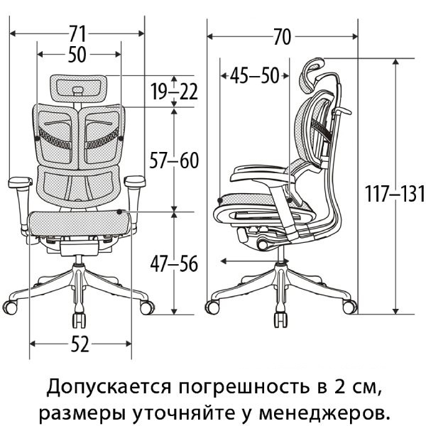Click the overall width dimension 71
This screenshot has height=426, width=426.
click(x=77, y=33)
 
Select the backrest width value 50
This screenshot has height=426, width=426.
click(x=77, y=55)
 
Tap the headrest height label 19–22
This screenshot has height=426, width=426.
click(x=175, y=92)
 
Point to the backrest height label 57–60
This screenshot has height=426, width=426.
click(x=174, y=160)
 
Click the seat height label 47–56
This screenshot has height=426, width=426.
click(x=174, y=264)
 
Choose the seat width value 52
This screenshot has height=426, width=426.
click(x=80, y=344)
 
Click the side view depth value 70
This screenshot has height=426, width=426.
click(x=283, y=37)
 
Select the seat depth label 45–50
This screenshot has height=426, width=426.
click(x=255, y=76)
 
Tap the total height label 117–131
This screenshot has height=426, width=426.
click(x=394, y=194)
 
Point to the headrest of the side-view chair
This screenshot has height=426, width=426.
click(x=312, y=74)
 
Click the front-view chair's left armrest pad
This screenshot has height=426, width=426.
click(x=21, y=182)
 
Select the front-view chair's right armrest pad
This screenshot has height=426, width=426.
click(x=135, y=181)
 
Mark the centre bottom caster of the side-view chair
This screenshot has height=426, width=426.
click(x=281, y=320)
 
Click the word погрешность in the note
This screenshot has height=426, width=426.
click(x=244, y=387)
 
